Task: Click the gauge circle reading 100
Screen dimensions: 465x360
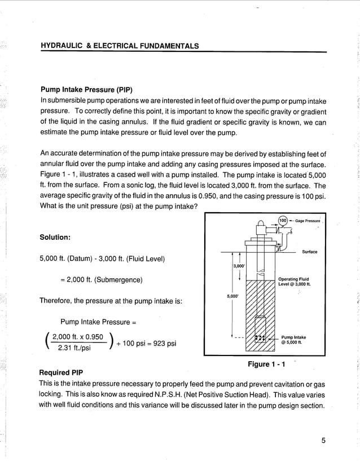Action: click(x=283, y=220)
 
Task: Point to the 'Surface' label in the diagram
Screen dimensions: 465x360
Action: click(x=309, y=252)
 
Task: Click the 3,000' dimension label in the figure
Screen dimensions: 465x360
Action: click(x=239, y=265)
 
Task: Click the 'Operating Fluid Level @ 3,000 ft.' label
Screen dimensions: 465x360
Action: click(x=293, y=281)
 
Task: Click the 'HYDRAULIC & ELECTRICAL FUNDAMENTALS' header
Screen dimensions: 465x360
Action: click(x=120, y=46)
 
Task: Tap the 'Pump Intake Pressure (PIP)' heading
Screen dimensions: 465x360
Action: click(x=86, y=89)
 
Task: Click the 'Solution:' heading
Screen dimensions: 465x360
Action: click(x=55, y=237)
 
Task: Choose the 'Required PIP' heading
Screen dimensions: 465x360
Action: click(x=61, y=372)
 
